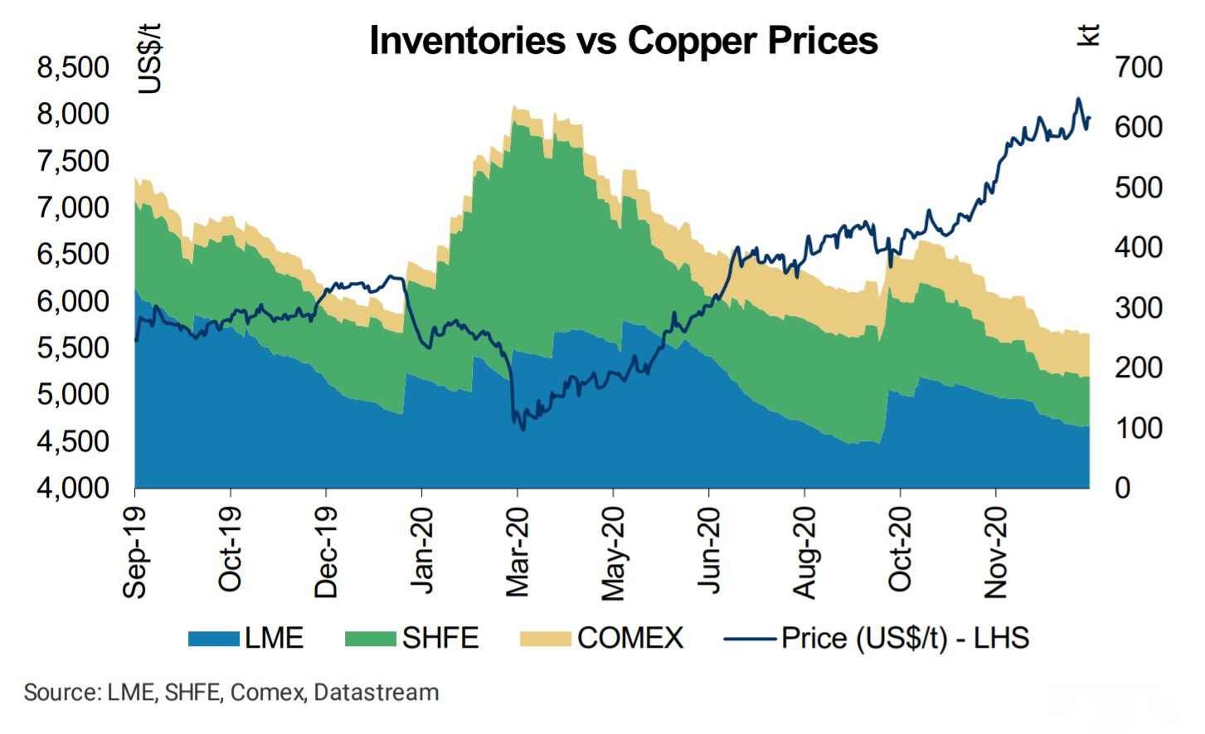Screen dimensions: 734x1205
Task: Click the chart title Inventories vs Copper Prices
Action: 623,41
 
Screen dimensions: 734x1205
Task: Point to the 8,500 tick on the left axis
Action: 73,67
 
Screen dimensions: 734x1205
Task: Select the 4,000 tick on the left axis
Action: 73,488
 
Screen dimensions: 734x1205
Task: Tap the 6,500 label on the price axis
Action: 73,254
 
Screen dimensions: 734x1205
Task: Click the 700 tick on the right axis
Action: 1139,67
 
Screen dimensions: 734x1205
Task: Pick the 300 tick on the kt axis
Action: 1139,308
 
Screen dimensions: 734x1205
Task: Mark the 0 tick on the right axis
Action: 1122,488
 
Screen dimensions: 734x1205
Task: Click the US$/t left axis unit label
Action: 149,58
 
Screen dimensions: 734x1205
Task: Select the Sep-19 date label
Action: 135,552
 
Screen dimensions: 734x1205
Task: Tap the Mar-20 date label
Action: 517,552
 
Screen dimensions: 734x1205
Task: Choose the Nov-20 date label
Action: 995,552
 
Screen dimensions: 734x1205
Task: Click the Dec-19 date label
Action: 326,552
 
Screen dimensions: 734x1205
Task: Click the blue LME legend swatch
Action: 213,639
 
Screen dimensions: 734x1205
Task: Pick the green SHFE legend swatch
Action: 370,639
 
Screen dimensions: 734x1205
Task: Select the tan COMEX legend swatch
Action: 545,639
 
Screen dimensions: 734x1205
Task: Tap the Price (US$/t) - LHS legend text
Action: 905,639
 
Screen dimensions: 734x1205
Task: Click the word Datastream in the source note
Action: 377,693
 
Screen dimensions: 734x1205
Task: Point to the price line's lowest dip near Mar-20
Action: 522,430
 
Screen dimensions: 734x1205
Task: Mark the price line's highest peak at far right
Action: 1078,99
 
